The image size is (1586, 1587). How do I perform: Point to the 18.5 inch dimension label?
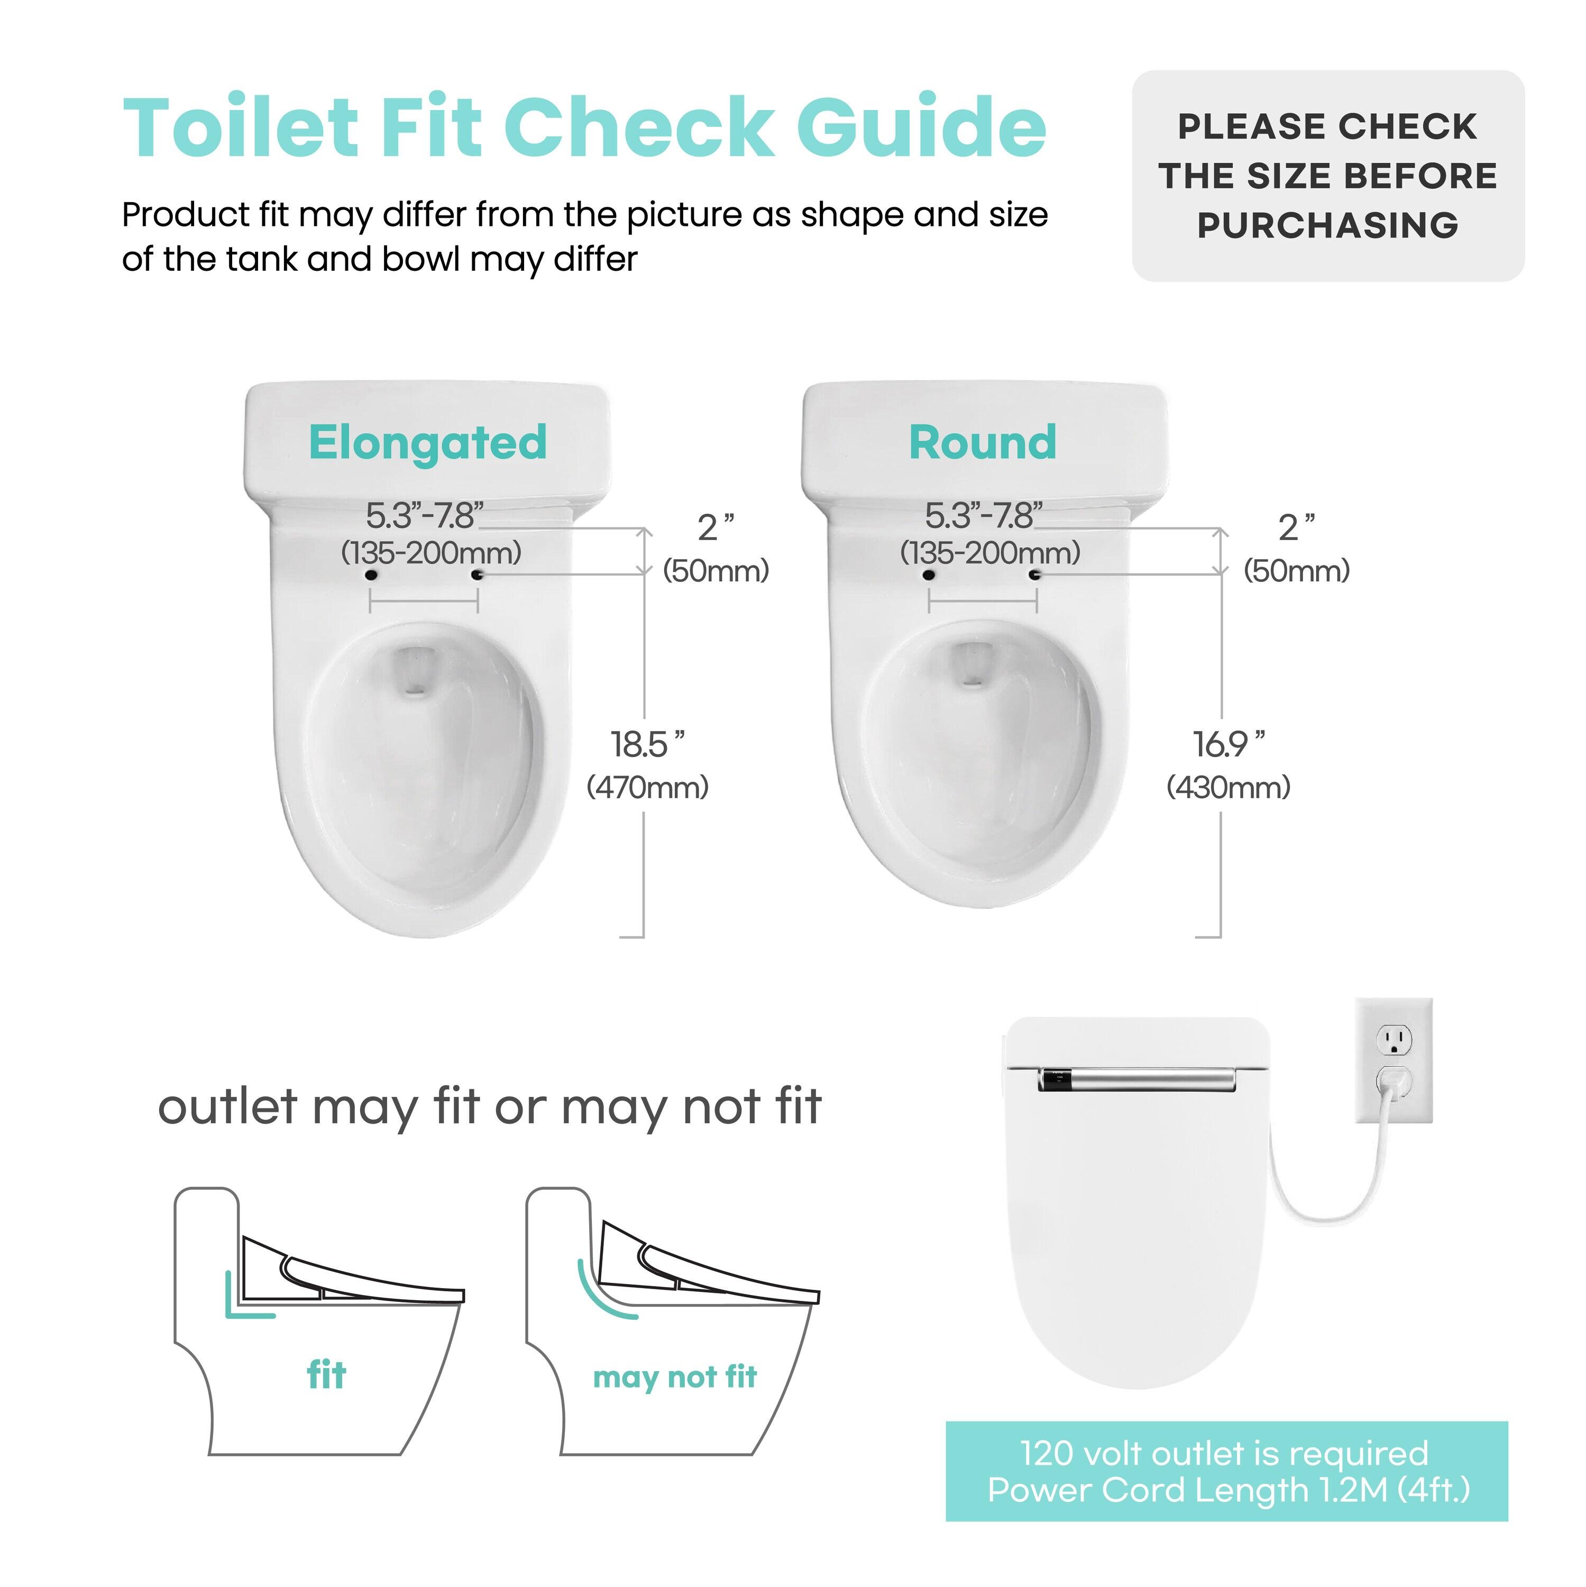646,745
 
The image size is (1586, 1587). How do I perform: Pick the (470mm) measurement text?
647,788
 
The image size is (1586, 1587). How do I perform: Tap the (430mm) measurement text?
1228,788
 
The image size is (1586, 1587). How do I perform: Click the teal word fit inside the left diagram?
326,1375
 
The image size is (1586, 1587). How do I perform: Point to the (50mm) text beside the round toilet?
1296,571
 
